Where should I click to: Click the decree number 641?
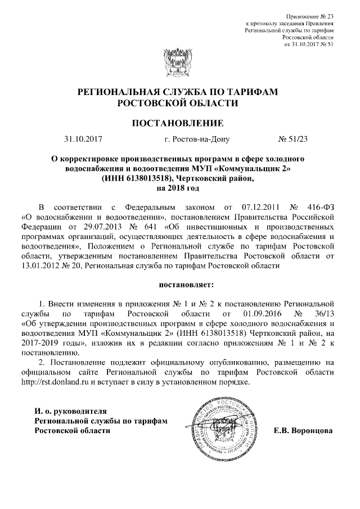[161, 227]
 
